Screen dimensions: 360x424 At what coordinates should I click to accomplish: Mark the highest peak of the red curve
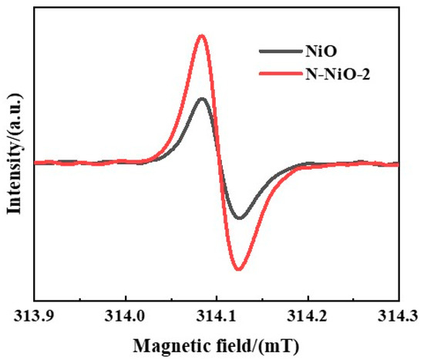point(202,35)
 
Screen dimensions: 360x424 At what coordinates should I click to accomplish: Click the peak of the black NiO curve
point(202,99)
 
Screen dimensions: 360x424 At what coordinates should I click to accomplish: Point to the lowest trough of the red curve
point(239,269)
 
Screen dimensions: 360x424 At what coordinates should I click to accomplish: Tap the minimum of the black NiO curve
point(240,218)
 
